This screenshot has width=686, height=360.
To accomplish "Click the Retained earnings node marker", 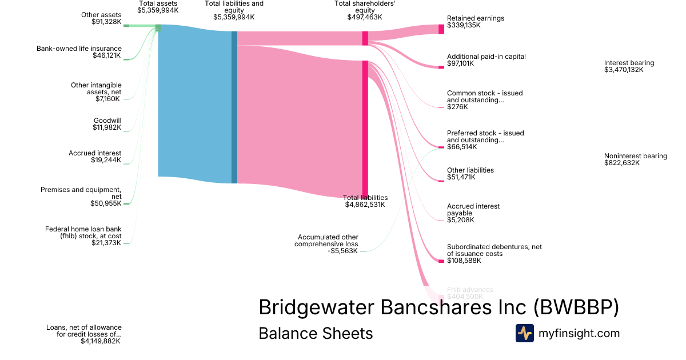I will click(441, 29).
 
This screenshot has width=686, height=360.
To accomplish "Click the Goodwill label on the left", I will click(107, 121).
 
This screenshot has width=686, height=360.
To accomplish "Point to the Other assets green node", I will click(126, 26).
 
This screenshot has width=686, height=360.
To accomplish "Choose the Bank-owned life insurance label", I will click(79, 49).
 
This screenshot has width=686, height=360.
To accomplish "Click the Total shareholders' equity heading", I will click(364, 6).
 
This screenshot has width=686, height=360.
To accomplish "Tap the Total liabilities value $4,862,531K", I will click(365, 205).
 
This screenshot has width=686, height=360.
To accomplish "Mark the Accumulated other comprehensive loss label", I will click(326, 240).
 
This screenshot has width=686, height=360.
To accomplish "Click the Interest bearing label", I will click(629, 63).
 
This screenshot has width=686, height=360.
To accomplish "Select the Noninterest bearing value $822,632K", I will click(622, 163).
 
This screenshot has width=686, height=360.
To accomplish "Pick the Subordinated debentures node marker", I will click(441, 261).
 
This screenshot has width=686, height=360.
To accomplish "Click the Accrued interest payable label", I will click(473, 210).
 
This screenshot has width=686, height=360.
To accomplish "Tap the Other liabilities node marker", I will click(441, 181).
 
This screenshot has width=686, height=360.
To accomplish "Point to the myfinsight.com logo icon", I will click(524, 333).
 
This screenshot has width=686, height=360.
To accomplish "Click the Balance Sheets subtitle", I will click(316, 333).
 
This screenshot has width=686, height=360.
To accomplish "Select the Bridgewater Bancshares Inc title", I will click(438, 307).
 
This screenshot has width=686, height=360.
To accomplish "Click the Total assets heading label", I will click(158, 3).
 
